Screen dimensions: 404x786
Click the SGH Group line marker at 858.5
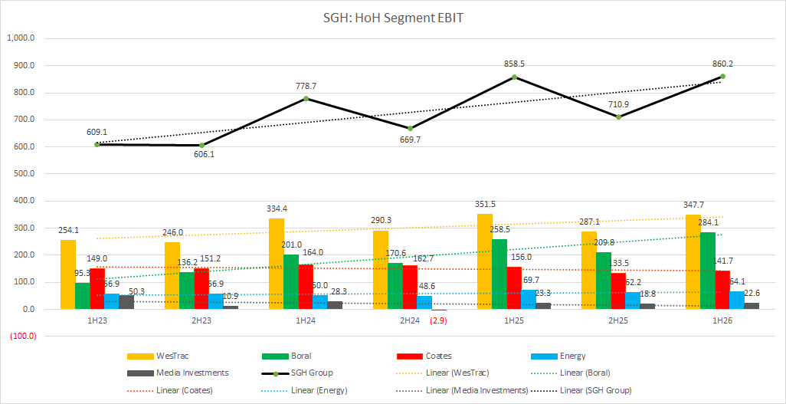[514, 77]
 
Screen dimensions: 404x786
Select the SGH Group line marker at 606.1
[201, 145]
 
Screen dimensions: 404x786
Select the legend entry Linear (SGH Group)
[596, 390]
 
